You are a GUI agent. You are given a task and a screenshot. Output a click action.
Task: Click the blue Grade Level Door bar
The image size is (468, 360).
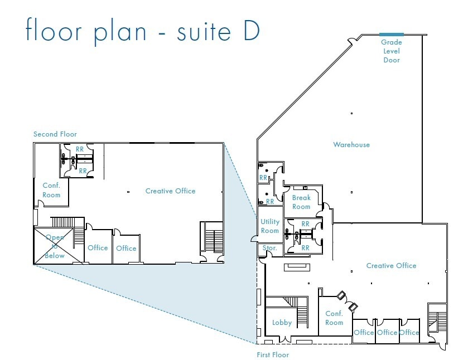[x=391, y=35]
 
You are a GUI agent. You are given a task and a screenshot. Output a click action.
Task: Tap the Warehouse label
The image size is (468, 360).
[x=351, y=145]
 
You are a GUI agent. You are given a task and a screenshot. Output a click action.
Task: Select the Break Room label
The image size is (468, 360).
[x=301, y=202]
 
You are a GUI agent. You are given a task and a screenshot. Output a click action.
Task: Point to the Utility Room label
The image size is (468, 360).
[x=270, y=226]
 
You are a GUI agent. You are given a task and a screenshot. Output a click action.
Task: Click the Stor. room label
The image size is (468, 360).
[x=269, y=247]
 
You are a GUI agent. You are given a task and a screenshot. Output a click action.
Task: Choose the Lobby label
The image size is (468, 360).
[x=282, y=323]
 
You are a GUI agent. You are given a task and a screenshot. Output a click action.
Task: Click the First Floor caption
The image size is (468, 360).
[x=273, y=354]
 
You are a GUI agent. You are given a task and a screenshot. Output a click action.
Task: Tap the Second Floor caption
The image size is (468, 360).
[x=55, y=134]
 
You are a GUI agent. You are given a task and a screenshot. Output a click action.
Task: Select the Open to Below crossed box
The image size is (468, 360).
[x=54, y=246]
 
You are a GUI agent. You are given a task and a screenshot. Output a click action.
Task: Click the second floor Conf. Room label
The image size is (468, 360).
[x=51, y=190]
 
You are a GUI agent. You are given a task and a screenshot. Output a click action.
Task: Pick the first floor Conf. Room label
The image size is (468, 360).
[x=334, y=318]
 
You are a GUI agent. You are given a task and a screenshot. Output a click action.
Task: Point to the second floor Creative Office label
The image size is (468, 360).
[x=171, y=191]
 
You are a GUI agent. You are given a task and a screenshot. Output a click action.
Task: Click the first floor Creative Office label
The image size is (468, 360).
[x=391, y=265]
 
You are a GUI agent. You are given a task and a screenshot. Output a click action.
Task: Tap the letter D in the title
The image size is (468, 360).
[x=252, y=31]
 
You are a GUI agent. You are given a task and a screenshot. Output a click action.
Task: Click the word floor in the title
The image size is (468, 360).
[x=54, y=29]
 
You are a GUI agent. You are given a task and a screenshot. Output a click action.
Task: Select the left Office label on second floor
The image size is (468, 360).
[x=98, y=247]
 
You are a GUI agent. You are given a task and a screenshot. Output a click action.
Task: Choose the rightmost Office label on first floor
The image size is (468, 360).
[x=409, y=332]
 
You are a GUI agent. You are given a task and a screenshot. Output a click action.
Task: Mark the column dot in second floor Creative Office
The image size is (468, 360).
[x=128, y=192]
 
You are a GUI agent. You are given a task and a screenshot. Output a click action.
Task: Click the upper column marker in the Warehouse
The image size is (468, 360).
[x=351, y=113]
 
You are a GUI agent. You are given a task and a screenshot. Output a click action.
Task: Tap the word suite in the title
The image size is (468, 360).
[x=204, y=31]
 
